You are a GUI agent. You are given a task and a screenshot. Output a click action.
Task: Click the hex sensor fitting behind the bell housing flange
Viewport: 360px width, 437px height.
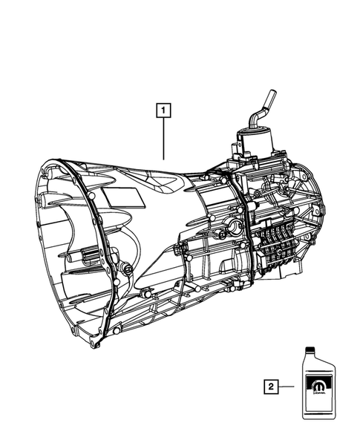127,266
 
